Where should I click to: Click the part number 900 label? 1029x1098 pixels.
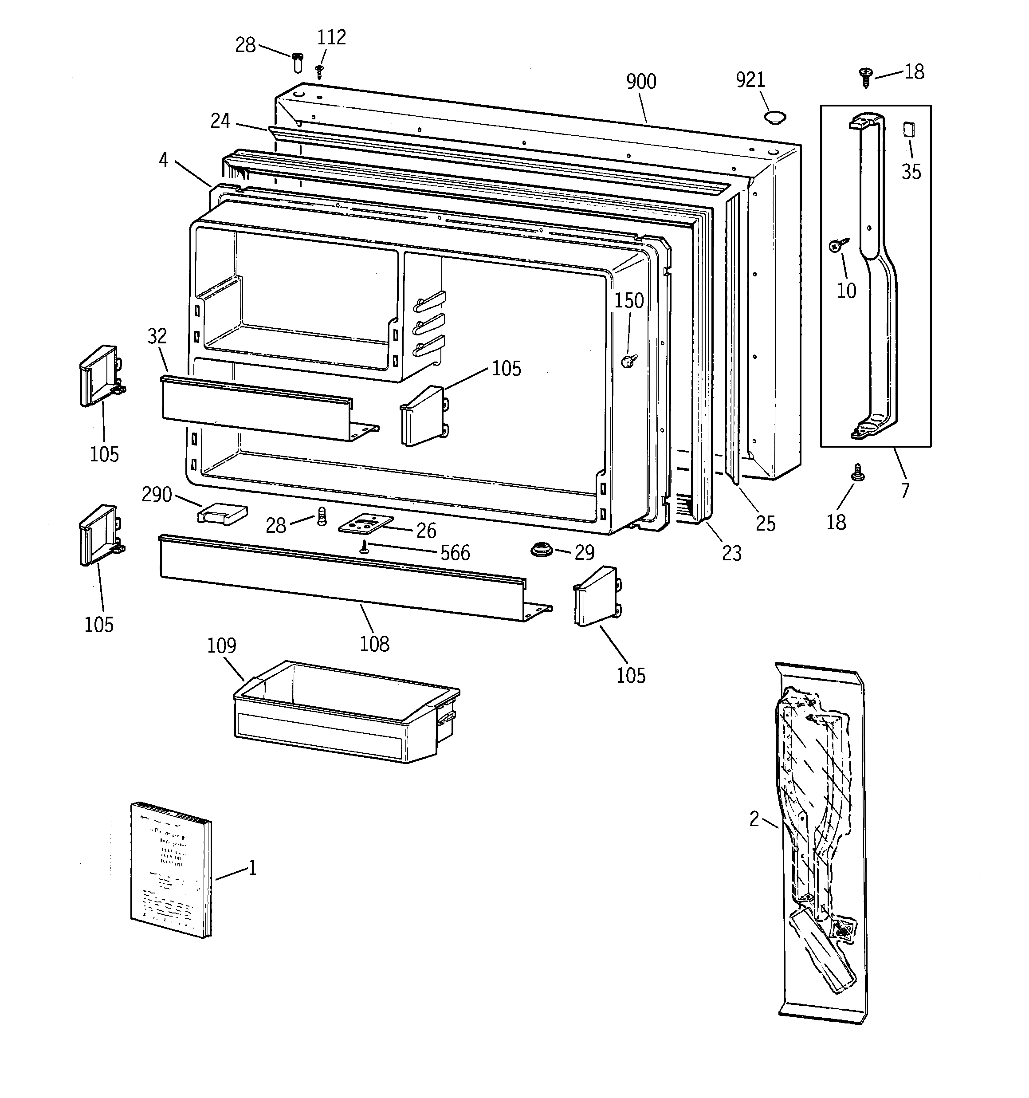(641, 82)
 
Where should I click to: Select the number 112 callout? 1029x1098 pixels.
(331, 38)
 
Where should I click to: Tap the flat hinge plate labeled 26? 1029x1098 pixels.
(365, 523)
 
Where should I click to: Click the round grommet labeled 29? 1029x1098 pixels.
(542, 550)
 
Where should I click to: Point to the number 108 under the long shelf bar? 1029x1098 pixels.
(374, 643)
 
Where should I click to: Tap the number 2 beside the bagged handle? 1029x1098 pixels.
(754, 819)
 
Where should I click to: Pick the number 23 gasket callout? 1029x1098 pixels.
(731, 553)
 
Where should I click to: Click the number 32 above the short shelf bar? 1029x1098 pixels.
(157, 336)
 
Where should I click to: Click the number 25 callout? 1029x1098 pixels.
(765, 523)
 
